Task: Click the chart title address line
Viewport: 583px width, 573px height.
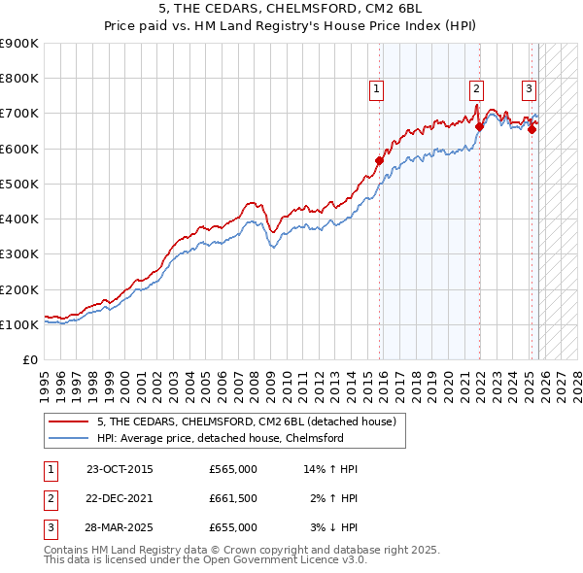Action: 291,10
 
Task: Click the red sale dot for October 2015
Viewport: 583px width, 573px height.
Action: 380,160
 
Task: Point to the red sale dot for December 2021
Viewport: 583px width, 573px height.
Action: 480,126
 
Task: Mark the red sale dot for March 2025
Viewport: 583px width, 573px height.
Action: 532,129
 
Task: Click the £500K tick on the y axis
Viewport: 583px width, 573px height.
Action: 19,184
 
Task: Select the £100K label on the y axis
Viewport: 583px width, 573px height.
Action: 19,324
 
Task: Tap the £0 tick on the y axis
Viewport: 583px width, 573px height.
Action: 29,359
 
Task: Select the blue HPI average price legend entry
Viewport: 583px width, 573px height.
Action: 220,438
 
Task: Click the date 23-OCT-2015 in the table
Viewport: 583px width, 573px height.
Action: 120,469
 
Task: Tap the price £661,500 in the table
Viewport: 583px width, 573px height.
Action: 233,498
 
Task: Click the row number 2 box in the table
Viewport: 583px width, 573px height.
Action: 50,498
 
